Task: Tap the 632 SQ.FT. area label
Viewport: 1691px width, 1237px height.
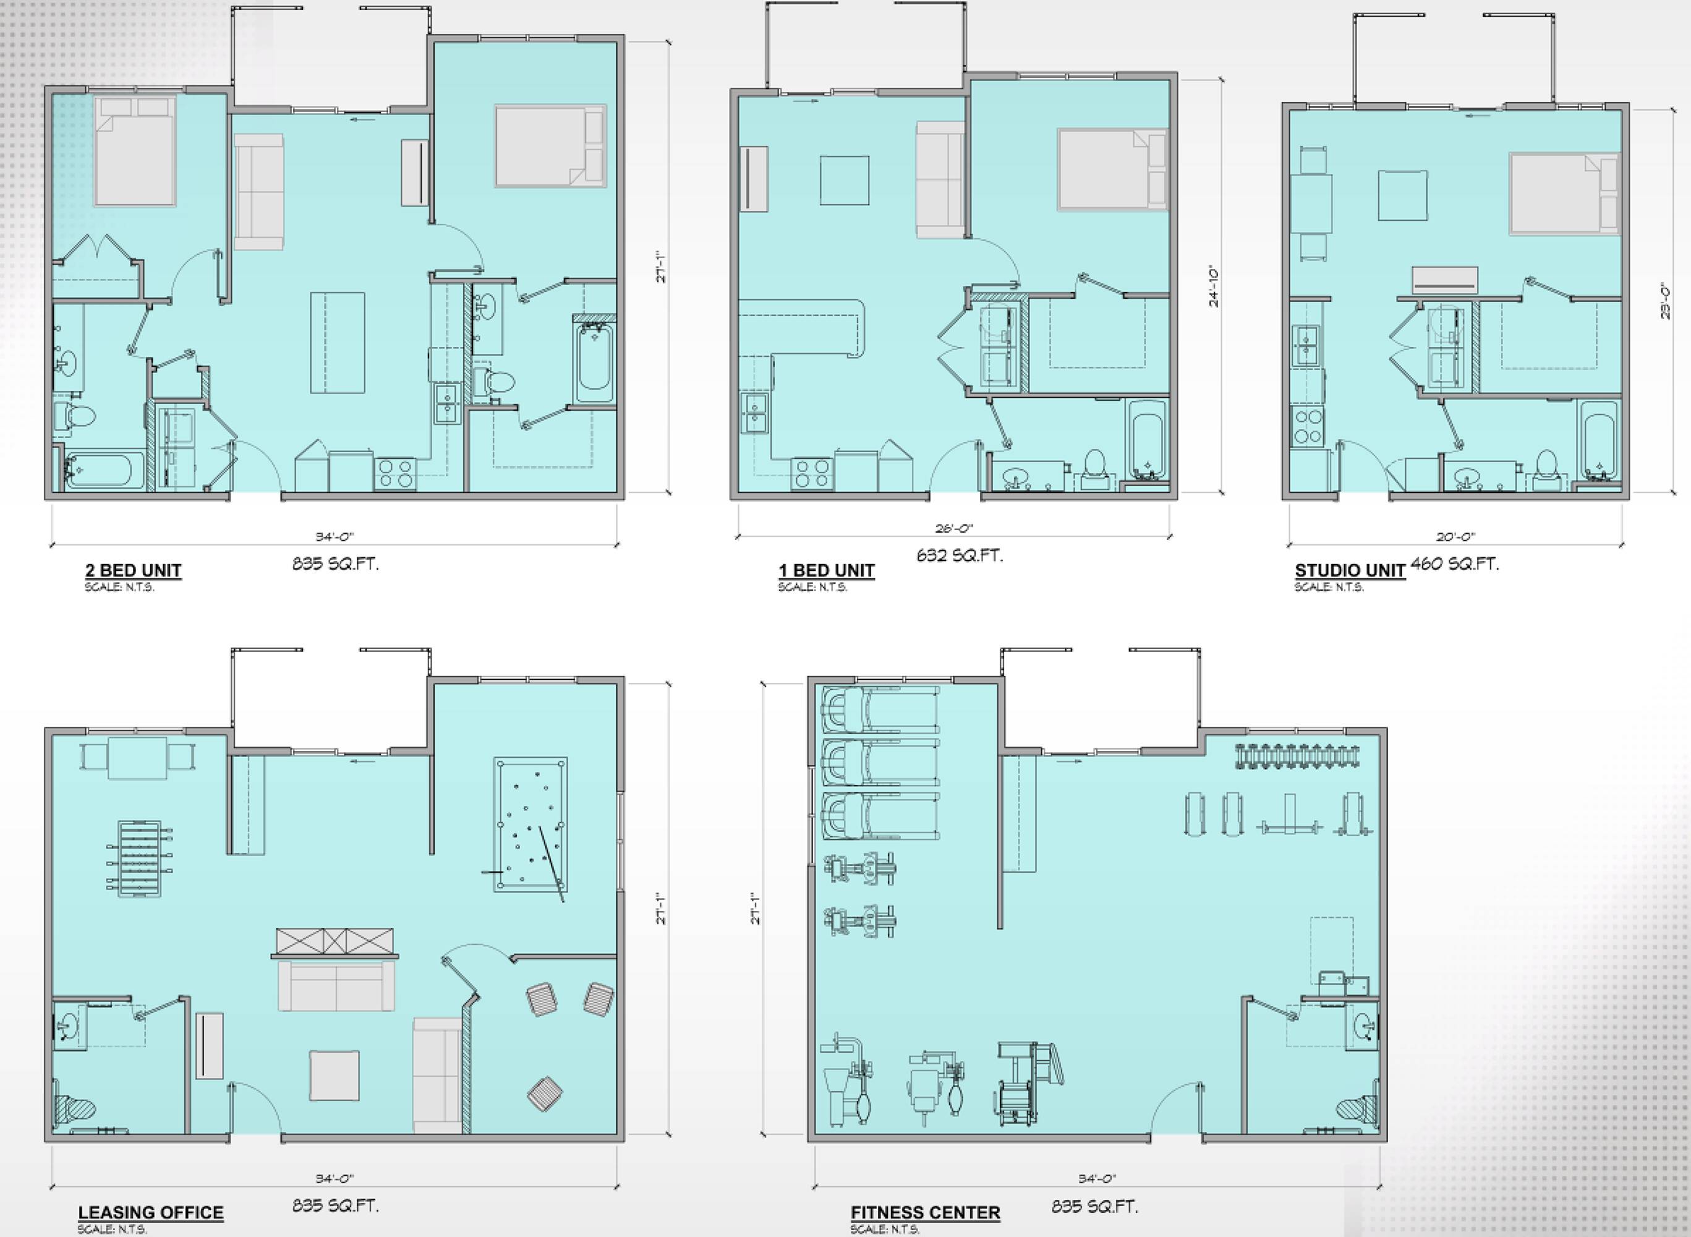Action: tap(960, 555)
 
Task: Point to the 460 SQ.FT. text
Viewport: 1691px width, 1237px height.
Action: tap(1454, 564)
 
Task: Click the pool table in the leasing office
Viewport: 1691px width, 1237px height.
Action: tap(530, 824)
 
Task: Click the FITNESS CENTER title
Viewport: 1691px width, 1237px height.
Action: tap(925, 1213)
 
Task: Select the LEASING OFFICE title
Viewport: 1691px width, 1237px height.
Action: tap(150, 1213)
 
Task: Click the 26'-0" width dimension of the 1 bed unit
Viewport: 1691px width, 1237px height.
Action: tap(955, 528)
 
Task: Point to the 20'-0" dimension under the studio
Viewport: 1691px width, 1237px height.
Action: tap(1456, 536)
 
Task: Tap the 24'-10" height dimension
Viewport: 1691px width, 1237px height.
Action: tap(1214, 288)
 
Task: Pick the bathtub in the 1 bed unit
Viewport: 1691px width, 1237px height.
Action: tap(1146, 441)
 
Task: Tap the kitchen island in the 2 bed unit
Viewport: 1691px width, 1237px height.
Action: tap(338, 343)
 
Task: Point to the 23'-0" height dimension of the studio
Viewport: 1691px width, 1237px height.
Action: tap(1666, 301)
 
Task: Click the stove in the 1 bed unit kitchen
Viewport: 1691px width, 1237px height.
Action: tap(812, 473)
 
